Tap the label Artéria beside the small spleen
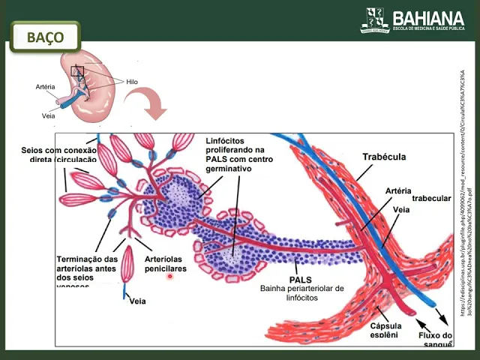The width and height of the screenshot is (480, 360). pos(46,88)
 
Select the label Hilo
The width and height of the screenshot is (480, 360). pos(132,82)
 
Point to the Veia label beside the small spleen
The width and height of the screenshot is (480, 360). pos(48,115)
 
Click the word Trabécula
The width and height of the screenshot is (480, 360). pos(384,157)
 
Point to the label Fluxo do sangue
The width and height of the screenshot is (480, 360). pos(435,340)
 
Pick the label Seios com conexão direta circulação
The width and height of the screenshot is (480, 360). pos(59,154)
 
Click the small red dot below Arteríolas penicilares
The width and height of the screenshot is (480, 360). pos(171,277)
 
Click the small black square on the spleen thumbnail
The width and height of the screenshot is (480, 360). pos(77,72)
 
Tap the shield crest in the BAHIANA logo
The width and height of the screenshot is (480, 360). pos(375,19)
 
